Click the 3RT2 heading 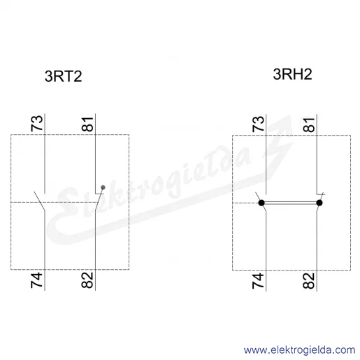(63, 76)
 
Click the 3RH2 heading (292, 74)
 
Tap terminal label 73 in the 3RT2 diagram (37, 123)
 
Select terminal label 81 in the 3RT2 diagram (87, 124)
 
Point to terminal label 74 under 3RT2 (37, 280)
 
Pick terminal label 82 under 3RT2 (87, 280)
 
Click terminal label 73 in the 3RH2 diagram (259, 124)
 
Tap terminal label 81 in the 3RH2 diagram (309, 125)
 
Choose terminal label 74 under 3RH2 (258, 281)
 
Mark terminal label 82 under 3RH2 (309, 281)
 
